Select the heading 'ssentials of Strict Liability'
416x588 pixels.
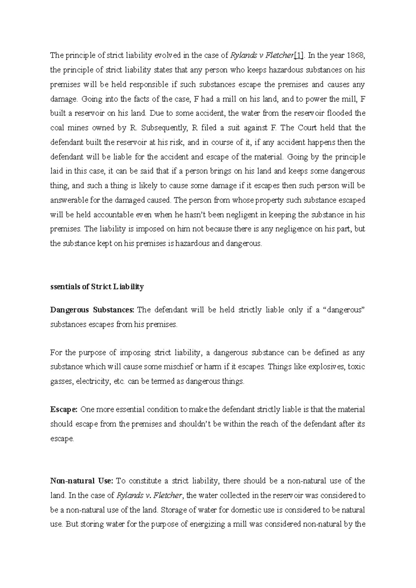97,287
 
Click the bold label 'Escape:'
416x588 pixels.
64,409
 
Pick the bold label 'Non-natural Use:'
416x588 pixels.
82,481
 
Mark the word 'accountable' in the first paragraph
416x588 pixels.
105,215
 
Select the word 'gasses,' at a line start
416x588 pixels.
62,381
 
